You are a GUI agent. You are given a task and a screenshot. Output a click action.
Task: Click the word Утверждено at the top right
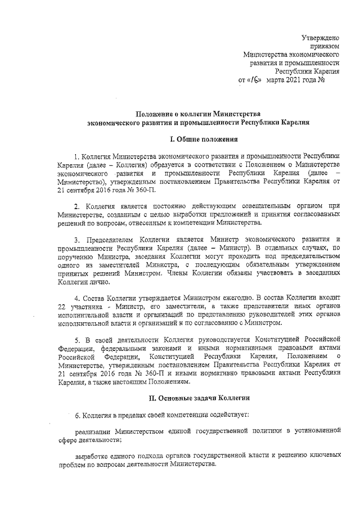pos(319,37)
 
